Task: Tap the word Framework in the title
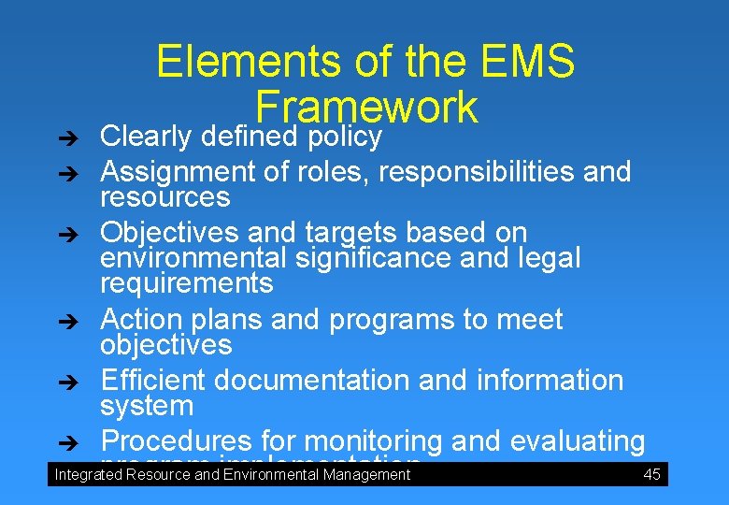coord(365,106)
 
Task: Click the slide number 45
coord(651,474)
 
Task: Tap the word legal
coord(546,257)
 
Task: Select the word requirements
coord(187,283)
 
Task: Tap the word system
coord(147,406)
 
